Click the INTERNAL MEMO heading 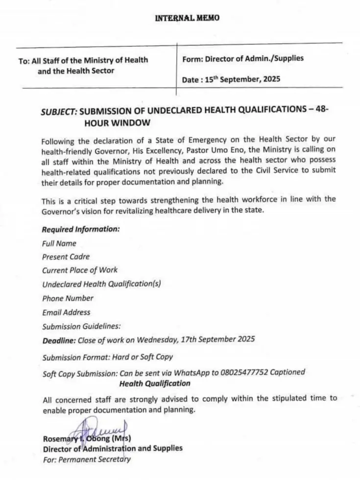[188, 18]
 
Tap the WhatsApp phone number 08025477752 [241, 372]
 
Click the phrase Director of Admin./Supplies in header [254, 59]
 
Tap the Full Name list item [59, 243]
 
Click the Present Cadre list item [66, 256]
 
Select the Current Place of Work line [80, 270]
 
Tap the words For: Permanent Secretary [86, 459]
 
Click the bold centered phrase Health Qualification [155, 383]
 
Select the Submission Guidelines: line [81, 326]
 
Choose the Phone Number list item [68, 298]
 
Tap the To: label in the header [24, 61]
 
